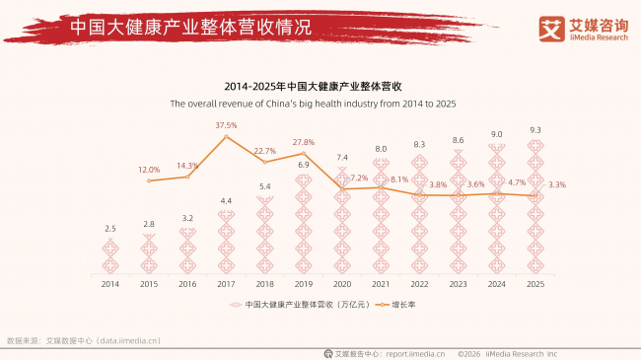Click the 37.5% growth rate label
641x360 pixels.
point(226,125)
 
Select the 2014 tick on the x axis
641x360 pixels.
point(110,284)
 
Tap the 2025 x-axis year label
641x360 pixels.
point(534,284)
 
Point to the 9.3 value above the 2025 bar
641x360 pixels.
point(534,130)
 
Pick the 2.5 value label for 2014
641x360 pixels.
point(110,229)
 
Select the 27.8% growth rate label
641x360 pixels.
point(304,142)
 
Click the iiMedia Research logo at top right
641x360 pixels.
point(581,29)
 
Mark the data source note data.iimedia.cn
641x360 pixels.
point(83,340)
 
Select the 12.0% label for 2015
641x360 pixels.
point(149,169)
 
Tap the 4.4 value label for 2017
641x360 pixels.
point(226,201)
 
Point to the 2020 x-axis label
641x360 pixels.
point(342,284)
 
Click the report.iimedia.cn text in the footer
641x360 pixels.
point(415,352)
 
